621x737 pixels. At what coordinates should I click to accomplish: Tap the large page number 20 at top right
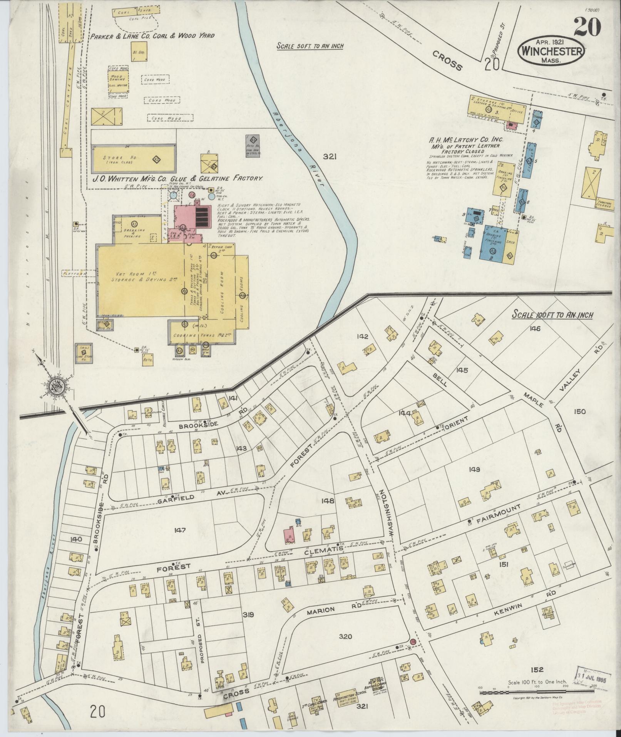[587, 27]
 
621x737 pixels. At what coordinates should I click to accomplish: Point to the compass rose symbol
[57, 387]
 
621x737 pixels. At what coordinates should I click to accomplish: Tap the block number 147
[179, 530]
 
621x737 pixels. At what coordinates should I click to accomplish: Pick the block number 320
[345, 636]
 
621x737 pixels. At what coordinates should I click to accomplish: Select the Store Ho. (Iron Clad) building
[134, 159]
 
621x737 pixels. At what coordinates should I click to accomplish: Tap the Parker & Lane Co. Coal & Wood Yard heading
[152, 36]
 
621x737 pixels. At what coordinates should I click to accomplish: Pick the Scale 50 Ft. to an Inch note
[310, 46]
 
